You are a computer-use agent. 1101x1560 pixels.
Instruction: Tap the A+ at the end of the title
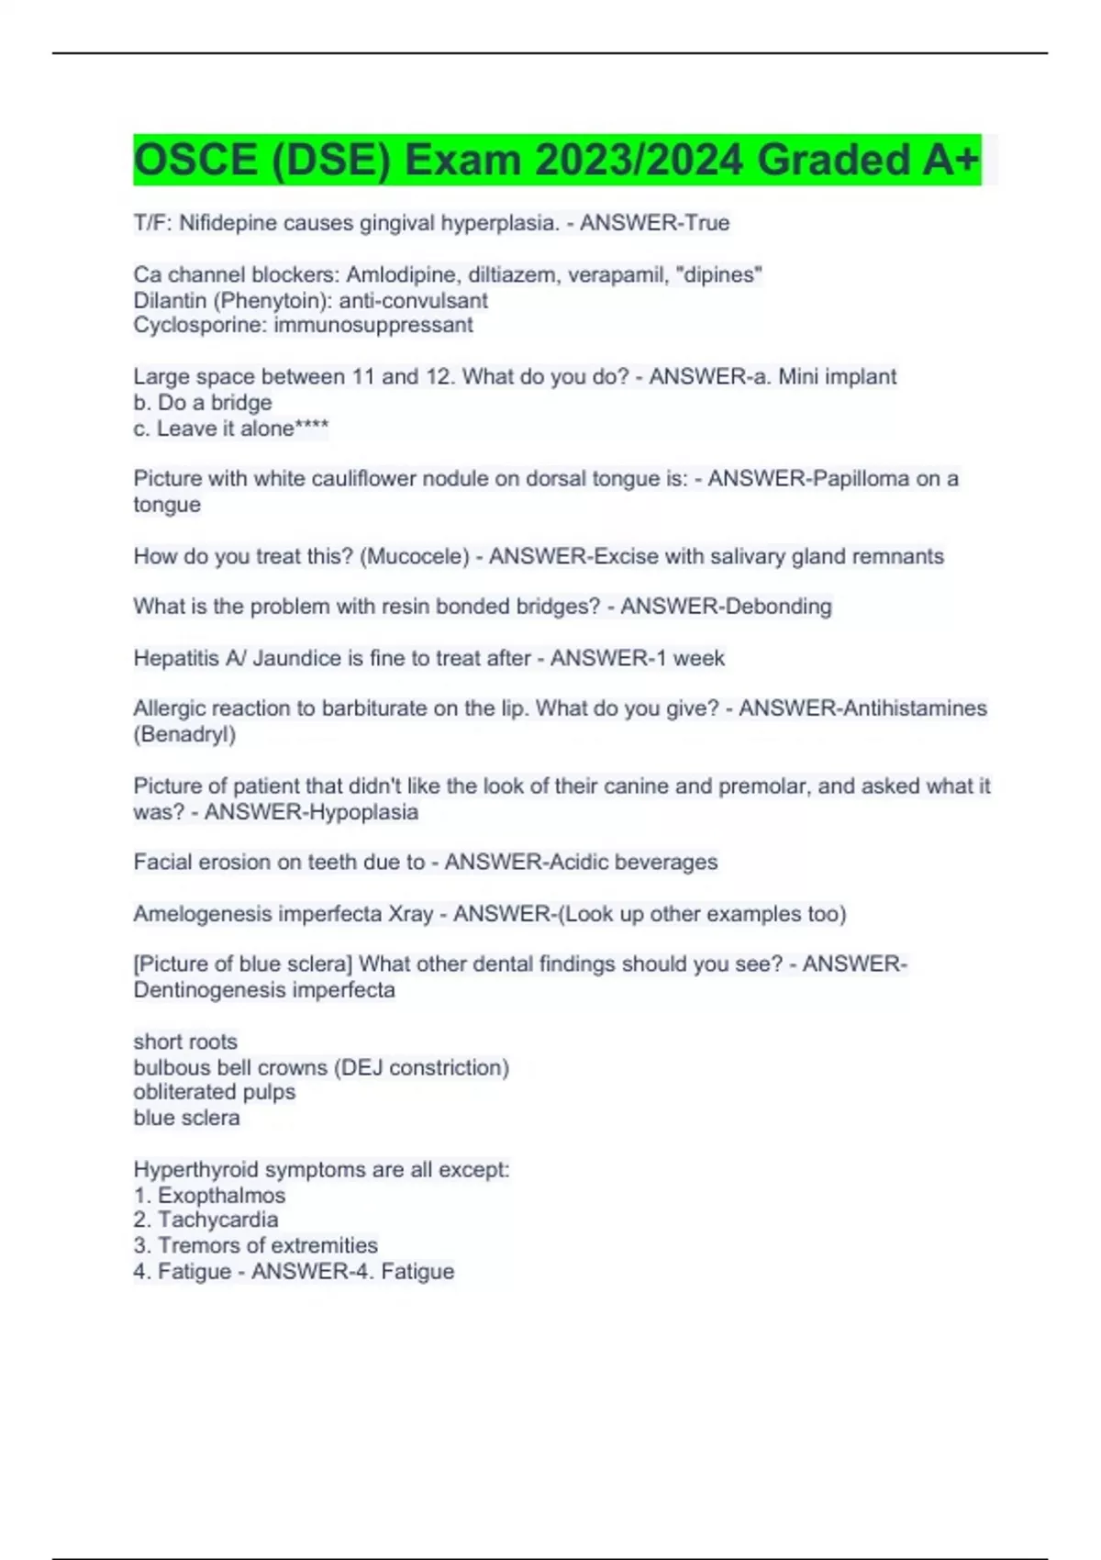[x=951, y=160]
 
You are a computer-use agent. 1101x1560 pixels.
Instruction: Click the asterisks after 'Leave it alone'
[x=312, y=429]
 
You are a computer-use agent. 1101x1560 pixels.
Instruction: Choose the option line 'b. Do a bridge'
[x=203, y=403]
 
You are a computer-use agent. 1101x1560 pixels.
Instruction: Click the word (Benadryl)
[x=184, y=734]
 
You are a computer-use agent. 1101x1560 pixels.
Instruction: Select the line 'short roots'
[x=185, y=1042]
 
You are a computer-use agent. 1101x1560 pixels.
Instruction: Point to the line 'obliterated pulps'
[x=215, y=1092]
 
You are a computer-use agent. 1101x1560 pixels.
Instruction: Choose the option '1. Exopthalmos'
[x=209, y=1196]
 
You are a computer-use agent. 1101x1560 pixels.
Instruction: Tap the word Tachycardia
[x=218, y=1220]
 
